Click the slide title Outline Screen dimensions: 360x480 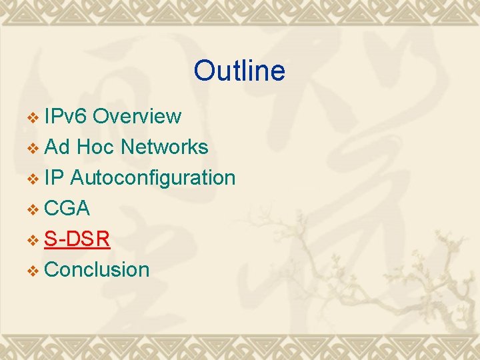[239, 71]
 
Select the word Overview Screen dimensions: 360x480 [137, 116]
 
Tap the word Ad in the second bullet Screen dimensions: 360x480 [57, 147]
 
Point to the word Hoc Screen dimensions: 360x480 [95, 147]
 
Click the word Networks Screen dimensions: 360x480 [164, 147]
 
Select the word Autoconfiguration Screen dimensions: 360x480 [153, 177]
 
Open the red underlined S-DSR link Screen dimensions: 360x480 [77, 239]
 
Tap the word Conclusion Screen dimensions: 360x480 [97, 269]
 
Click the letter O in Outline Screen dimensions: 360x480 [204, 71]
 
